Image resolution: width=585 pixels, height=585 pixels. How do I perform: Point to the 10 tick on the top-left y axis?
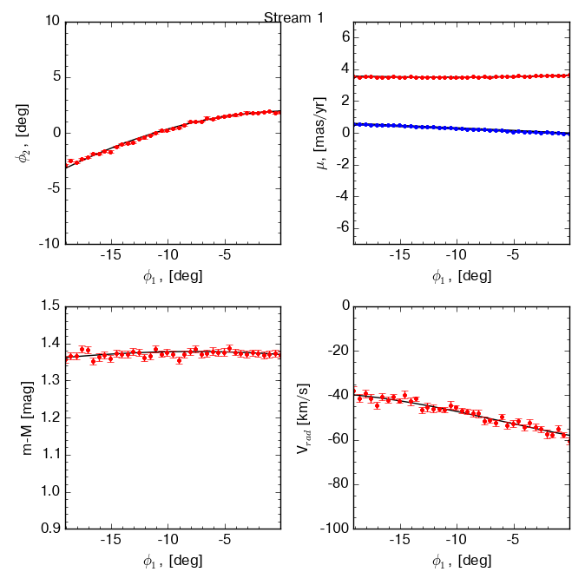pos(50,20)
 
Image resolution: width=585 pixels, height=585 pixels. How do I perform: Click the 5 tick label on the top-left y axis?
pos(54,76)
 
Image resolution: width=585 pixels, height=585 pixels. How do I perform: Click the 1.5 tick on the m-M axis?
pos(49,306)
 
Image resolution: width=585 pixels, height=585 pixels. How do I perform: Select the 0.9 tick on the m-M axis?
pos(49,529)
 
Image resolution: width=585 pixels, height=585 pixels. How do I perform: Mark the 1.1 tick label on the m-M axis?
pos(49,454)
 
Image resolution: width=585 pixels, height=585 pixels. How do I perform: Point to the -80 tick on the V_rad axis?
pos(338,484)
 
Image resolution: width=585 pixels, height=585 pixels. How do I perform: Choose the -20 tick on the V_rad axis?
pos(338,351)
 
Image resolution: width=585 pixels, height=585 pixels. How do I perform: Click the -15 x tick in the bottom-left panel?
pos(110,540)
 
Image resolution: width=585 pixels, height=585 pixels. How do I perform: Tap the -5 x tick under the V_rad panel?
pos(512,540)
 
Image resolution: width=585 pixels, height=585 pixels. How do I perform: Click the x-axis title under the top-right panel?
pos(462,277)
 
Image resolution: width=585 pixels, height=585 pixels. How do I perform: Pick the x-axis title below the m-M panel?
pos(173,562)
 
